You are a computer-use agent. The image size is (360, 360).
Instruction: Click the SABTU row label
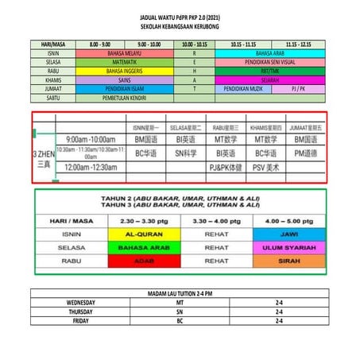pos(55,99)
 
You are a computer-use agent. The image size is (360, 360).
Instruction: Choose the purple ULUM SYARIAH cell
pos(279,248)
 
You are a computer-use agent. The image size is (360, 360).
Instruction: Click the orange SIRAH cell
pos(279,260)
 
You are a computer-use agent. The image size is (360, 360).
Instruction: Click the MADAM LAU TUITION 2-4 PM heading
pos(180,294)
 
